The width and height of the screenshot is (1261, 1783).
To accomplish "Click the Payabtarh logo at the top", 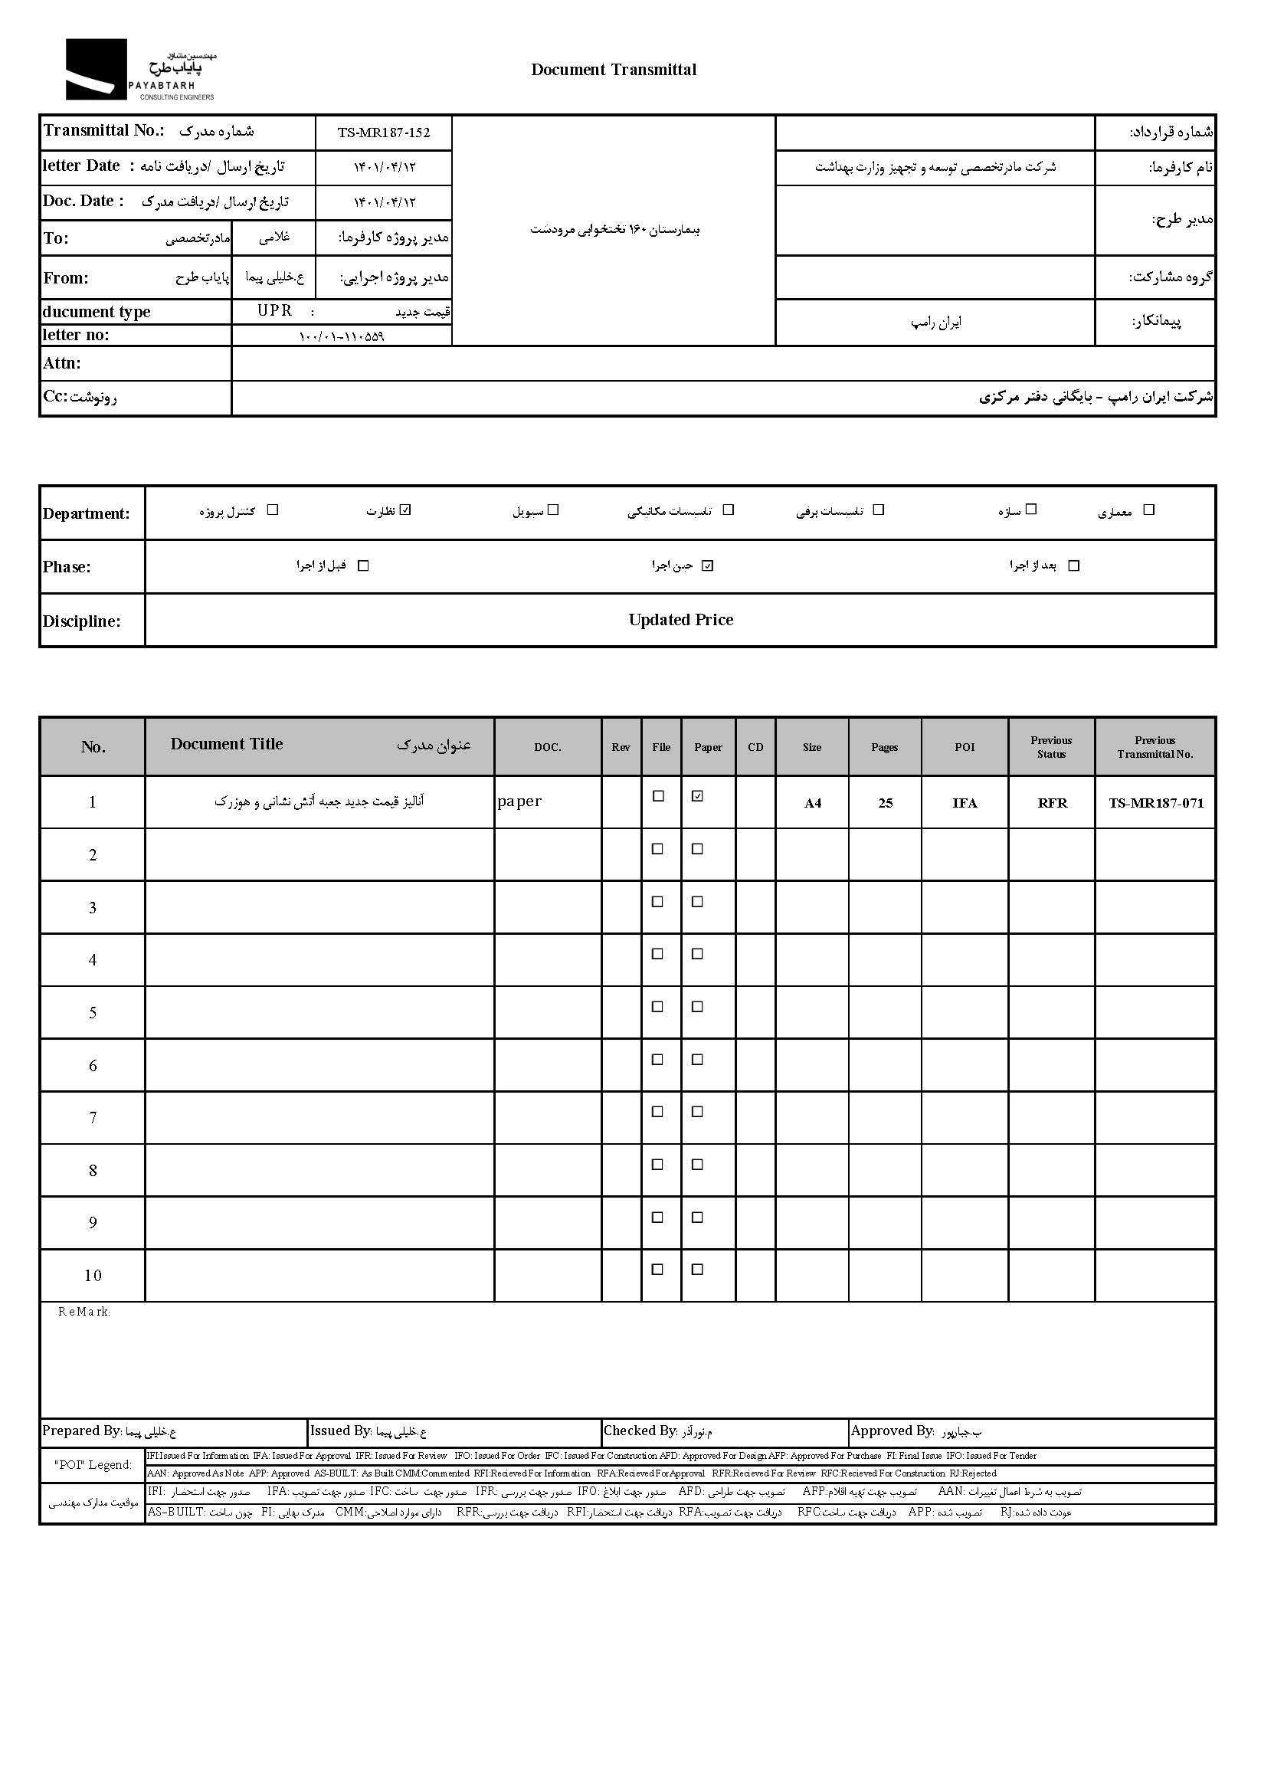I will point(139,70).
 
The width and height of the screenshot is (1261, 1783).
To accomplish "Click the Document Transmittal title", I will point(614,70).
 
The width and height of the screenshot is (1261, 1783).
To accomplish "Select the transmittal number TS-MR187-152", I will point(384,133).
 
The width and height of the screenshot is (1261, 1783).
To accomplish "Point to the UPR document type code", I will point(275,310).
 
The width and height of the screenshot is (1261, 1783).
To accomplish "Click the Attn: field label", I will point(62,363).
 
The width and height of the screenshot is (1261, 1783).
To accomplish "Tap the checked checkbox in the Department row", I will point(405,510).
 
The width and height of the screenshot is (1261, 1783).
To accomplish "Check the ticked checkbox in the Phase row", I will point(706,565).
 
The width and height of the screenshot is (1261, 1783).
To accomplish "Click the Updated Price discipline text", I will point(680,620).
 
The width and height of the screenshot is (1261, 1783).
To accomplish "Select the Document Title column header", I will point(227,744).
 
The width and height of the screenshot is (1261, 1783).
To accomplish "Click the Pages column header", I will point(884,747).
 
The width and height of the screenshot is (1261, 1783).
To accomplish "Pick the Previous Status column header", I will point(1051,747).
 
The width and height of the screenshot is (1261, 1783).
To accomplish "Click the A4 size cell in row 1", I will point(812,803).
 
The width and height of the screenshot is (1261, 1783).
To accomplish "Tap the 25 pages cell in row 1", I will point(885,803).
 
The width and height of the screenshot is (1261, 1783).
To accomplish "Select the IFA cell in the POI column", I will point(965,803).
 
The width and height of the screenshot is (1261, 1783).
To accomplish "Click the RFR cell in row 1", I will point(1052,803).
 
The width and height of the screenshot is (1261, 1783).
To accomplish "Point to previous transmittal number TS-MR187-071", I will point(1155,803).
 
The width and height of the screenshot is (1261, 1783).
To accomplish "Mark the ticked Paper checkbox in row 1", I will point(697,796).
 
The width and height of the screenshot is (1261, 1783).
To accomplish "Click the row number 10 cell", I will point(93,1275).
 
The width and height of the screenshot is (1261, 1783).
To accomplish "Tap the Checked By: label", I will point(640,1431).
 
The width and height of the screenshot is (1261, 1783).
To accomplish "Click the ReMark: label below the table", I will point(84,1312).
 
